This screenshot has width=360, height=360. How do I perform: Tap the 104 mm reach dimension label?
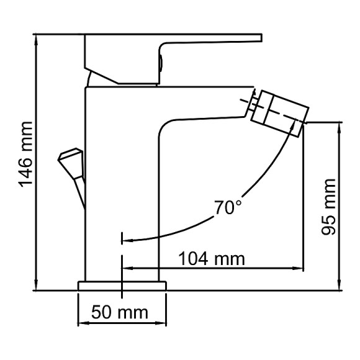pos(212,258)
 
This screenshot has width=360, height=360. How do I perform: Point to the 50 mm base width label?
pos(120,311)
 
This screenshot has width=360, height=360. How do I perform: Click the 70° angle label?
pos(228,207)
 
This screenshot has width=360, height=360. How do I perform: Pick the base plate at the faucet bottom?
pos(123,286)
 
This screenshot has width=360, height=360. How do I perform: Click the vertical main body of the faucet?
pos(121,186)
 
